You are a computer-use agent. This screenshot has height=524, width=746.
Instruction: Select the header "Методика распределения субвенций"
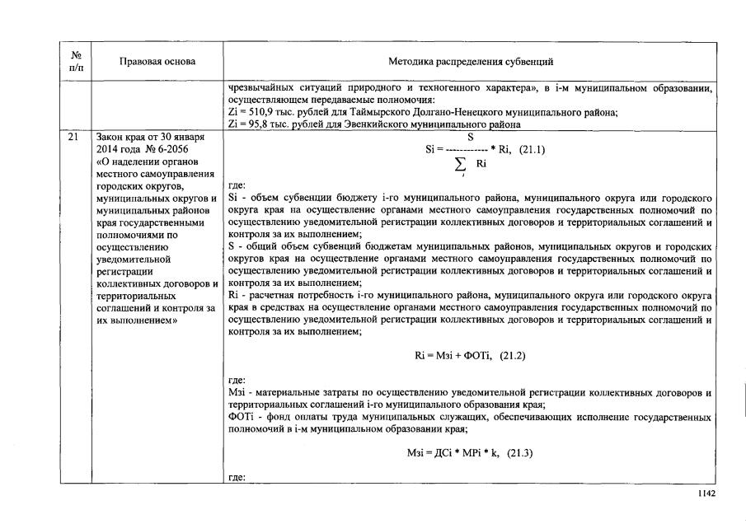(x=471, y=62)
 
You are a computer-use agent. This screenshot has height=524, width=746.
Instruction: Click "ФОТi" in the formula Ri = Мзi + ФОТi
(x=477, y=355)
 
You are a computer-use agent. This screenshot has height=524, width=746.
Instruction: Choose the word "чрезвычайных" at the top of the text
(x=259, y=87)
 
